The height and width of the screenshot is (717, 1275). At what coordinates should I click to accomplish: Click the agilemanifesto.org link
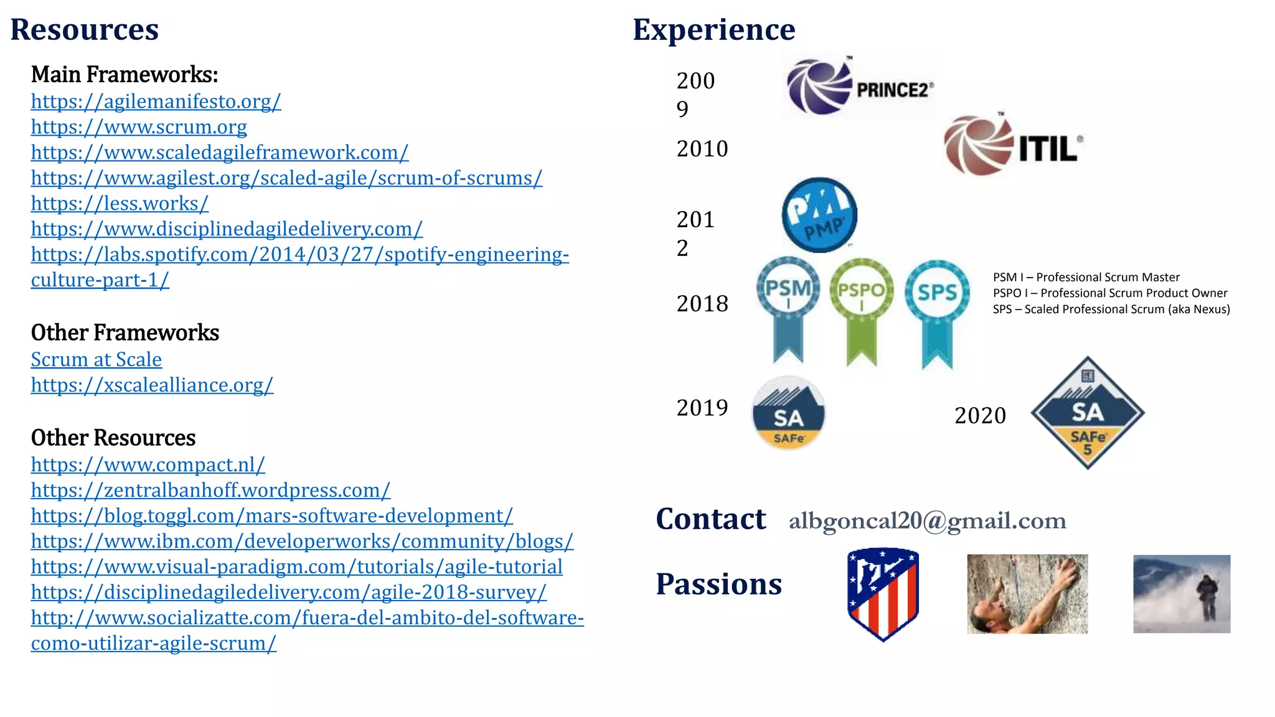click(156, 101)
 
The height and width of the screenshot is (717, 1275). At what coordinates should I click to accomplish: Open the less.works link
click(120, 204)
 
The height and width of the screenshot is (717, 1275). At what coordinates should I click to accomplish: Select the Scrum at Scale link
click(96, 360)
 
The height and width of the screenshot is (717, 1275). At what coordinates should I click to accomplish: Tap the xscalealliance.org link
click(152, 385)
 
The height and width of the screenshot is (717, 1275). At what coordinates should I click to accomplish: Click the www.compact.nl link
click(148, 465)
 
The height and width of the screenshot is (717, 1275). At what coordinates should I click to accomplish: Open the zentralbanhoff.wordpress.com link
click(210, 490)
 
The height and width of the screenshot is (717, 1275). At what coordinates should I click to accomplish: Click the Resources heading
click(85, 30)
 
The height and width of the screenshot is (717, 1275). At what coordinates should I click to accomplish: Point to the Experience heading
click(714, 30)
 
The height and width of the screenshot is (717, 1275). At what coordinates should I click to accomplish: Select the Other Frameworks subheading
click(125, 333)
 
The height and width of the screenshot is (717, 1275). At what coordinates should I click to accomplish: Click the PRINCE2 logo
click(859, 87)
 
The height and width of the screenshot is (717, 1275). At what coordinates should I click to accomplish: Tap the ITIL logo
click(1013, 146)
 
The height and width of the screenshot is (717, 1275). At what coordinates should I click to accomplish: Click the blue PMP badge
click(819, 215)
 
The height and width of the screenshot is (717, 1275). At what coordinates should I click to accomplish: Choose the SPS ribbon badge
click(937, 311)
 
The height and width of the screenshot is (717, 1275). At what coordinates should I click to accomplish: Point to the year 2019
click(702, 408)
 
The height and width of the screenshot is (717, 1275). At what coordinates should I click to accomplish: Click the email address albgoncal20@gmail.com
click(927, 521)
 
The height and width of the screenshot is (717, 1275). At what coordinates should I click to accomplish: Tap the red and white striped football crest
click(883, 593)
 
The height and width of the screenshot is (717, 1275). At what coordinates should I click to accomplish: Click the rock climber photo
click(1027, 594)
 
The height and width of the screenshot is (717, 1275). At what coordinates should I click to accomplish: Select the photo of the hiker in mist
click(1182, 594)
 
